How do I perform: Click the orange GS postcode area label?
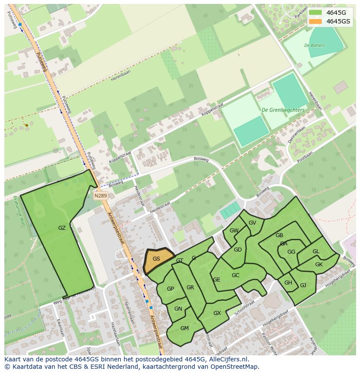pos(157,259)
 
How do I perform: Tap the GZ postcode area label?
pos(62,228)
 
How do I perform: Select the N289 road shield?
pos(100,196)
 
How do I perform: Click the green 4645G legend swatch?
pos(316,13)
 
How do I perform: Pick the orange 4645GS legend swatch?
pos(316,21)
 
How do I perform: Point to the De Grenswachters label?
pos(283,110)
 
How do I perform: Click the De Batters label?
pos(314,45)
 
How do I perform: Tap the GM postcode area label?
pos(184,328)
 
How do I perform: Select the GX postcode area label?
pos(217,313)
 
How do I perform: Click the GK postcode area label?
pos(319,265)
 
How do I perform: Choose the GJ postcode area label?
pos(303,285)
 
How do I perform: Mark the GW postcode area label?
pos(234,231)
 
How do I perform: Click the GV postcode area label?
pos(252,223)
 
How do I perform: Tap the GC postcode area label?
pos(235,275)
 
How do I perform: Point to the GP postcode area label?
pos(170,289)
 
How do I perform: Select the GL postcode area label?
pos(316,252)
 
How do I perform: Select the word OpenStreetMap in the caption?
pos(236,367)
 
